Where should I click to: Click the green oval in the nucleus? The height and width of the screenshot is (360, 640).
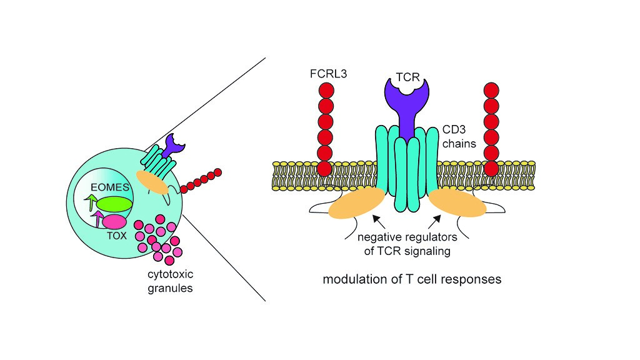point(114,205)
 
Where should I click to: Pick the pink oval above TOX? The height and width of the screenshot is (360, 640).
point(114,222)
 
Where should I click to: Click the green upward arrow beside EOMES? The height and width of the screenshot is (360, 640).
point(92,202)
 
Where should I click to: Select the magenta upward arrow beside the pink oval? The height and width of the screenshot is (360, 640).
point(97,218)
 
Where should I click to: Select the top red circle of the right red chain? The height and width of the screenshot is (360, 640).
point(492,91)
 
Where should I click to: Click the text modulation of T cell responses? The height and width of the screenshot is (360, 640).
point(412,279)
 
